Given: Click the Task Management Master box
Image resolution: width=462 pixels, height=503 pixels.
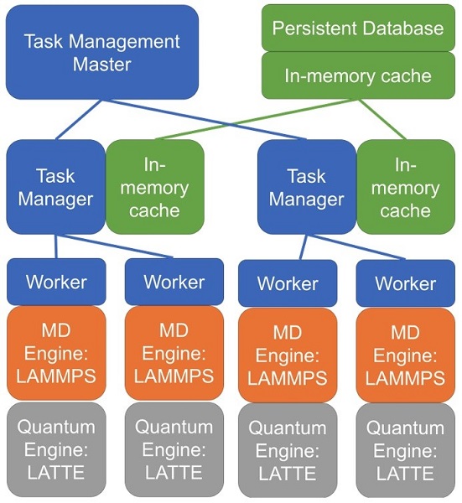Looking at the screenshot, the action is click(x=102, y=52).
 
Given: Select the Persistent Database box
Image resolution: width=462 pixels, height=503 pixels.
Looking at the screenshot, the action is click(x=358, y=28).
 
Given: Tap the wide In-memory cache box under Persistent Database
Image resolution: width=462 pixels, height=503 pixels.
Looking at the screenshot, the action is click(x=358, y=75).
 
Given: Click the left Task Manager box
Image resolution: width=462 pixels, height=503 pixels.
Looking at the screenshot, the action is click(x=56, y=187).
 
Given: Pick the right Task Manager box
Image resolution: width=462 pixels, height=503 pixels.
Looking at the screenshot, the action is click(x=307, y=187).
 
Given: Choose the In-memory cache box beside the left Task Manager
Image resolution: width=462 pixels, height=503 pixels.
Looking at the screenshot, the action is click(x=155, y=187).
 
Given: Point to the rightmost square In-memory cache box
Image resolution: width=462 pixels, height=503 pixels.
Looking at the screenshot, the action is click(x=406, y=187).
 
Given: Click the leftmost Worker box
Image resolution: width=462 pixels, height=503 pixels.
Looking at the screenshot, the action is click(x=56, y=282).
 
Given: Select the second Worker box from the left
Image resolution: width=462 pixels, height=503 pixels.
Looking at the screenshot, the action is click(x=174, y=282).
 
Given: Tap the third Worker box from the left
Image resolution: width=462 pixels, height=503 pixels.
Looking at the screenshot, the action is click(x=288, y=283).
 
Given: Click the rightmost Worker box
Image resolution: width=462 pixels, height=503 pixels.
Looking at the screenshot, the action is click(x=406, y=283).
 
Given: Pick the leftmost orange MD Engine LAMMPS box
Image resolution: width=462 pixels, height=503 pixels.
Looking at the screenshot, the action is click(x=56, y=353).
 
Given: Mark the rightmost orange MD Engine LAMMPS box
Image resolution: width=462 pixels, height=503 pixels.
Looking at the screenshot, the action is click(x=406, y=355).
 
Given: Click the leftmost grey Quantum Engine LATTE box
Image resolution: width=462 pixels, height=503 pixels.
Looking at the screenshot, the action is click(x=56, y=449).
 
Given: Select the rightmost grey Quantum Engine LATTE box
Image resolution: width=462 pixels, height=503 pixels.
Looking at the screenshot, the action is click(x=406, y=451).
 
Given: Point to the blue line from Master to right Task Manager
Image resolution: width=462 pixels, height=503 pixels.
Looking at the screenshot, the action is click(x=205, y=120).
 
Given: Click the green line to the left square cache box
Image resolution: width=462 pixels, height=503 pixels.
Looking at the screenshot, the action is click(x=257, y=119).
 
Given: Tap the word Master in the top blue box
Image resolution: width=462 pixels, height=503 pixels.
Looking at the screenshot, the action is click(x=102, y=65).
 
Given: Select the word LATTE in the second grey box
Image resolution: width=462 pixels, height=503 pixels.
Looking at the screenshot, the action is click(x=174, y=472).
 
